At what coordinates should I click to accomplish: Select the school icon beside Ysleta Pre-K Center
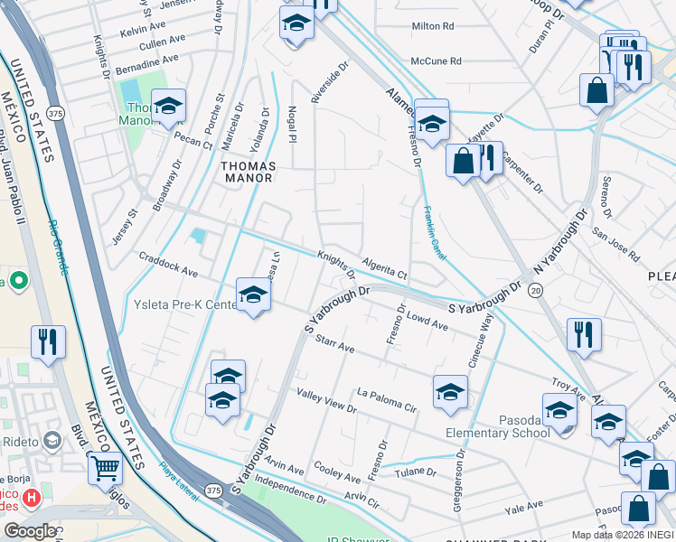(253, 295)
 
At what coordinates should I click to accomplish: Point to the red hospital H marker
(32, 497)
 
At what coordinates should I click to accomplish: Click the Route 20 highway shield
(536, 290)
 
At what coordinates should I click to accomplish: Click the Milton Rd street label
(432, 27)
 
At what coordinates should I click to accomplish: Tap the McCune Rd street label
(436, 61)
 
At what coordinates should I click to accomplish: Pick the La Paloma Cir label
(386, 398)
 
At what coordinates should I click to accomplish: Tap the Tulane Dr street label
(415, 472)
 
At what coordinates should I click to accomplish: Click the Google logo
(30, 530)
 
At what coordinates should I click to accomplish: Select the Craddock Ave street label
(168, 264)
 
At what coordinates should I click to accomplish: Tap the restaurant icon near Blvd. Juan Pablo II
(45, 341)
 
